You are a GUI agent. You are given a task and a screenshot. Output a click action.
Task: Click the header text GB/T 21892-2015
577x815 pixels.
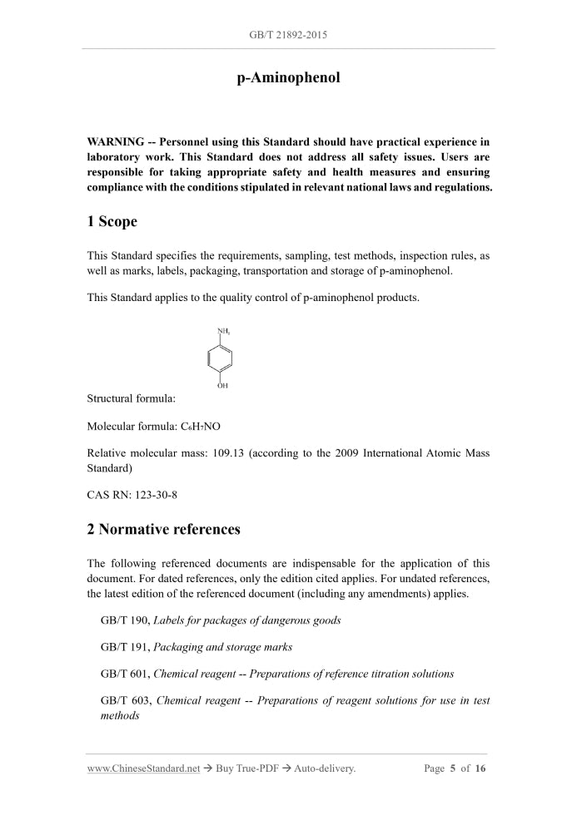click(288, 35)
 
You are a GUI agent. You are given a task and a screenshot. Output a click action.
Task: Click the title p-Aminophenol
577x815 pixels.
click(288, 78)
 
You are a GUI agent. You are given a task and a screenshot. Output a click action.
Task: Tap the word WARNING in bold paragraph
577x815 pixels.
click(115, 142)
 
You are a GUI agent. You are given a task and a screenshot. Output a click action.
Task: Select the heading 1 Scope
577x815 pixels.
click(112, 222)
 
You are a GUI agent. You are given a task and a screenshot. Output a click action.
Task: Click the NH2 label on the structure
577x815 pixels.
click(224, 332)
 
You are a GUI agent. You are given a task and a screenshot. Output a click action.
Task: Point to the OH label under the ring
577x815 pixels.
click(222, 386)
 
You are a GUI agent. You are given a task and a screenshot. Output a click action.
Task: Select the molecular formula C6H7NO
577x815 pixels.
click(201, 427)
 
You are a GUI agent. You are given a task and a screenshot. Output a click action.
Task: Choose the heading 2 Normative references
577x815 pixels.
click(164, 530)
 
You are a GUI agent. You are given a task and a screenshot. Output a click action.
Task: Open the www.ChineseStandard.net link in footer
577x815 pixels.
click(143, 768)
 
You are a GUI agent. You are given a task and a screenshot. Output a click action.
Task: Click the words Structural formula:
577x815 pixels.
click(132, 400)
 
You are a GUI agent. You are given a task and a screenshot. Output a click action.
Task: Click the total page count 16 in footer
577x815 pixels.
click(480, 768)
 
